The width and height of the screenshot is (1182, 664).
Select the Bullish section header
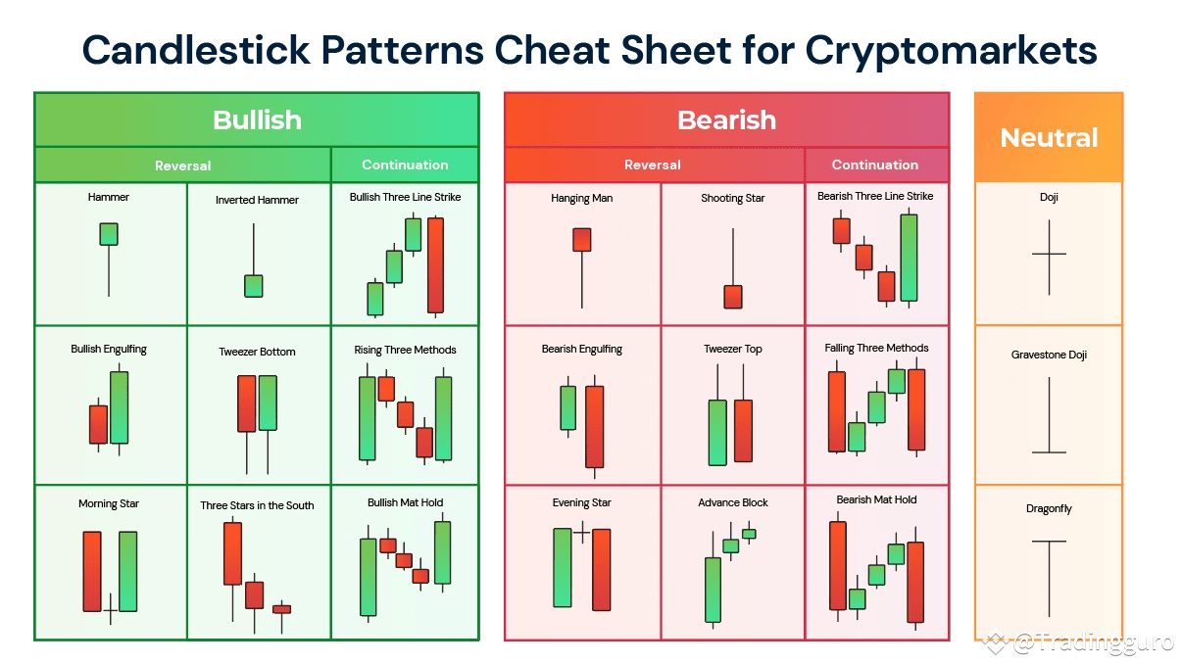pos(257,120)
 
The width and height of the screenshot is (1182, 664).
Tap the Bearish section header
pos(726,120)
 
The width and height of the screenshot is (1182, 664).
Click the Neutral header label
pos(1049,138)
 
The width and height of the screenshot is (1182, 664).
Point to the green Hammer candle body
pos(109,234)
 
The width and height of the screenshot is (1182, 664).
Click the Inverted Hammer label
pos(257,200)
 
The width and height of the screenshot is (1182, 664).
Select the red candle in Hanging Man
pos(582,240)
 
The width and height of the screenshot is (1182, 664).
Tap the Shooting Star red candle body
pos(733,297)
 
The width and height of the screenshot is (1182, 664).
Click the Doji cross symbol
pos(1049,256)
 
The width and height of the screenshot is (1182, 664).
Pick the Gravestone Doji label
pos(1049,355)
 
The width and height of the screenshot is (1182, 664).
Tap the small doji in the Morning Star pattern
pos(110,609)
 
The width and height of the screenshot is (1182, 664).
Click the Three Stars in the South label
pos(257,505)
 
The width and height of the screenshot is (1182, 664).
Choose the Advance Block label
pos(733,502)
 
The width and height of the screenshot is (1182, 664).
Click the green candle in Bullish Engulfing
pos(120,407)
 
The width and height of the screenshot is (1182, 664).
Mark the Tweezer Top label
pos(733,349)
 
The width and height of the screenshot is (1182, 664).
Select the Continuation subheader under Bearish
pos(875,165)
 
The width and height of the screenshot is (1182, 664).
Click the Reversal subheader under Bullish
pos(183,166)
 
